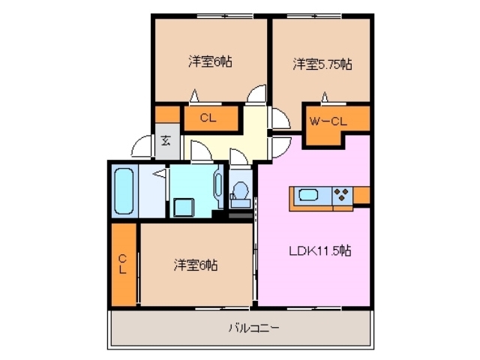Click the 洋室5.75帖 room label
point(322,64)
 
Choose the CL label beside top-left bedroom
point(209,118)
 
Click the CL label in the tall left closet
point(122,264)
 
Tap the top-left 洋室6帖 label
point(209,62)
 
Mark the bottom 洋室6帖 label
point(196,265)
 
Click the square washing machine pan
point(183,206)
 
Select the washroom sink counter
point(218,184)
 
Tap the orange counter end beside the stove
point(361,196)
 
